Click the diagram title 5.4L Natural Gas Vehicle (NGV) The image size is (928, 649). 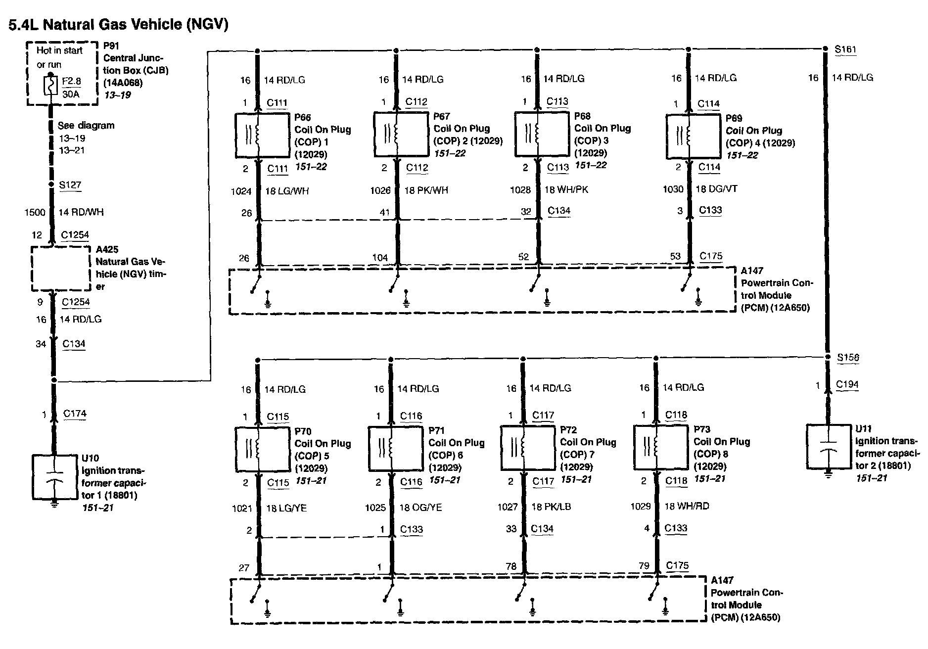(x=118, y=24)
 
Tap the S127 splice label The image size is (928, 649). (x=70, y=185)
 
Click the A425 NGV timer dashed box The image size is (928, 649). (x=61, y=269)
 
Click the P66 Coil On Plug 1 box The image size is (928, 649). (x=261, y=136)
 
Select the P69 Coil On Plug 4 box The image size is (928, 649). (x=693, y=136)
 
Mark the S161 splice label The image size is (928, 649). (x=845, y=49)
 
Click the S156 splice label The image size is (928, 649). (x=848, y=358)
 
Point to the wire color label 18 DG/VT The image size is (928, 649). (x=716, y=189)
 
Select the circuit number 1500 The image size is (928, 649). (x=35, y=213)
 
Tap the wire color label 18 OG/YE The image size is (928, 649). (x=420, y=507)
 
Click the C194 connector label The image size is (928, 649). (x=847, y=385)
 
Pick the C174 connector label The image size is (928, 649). (x=75, y=414)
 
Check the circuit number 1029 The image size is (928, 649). (x=641, y=506)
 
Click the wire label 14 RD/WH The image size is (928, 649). (x=82, y=213)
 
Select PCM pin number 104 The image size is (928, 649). (x=380, y=257)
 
